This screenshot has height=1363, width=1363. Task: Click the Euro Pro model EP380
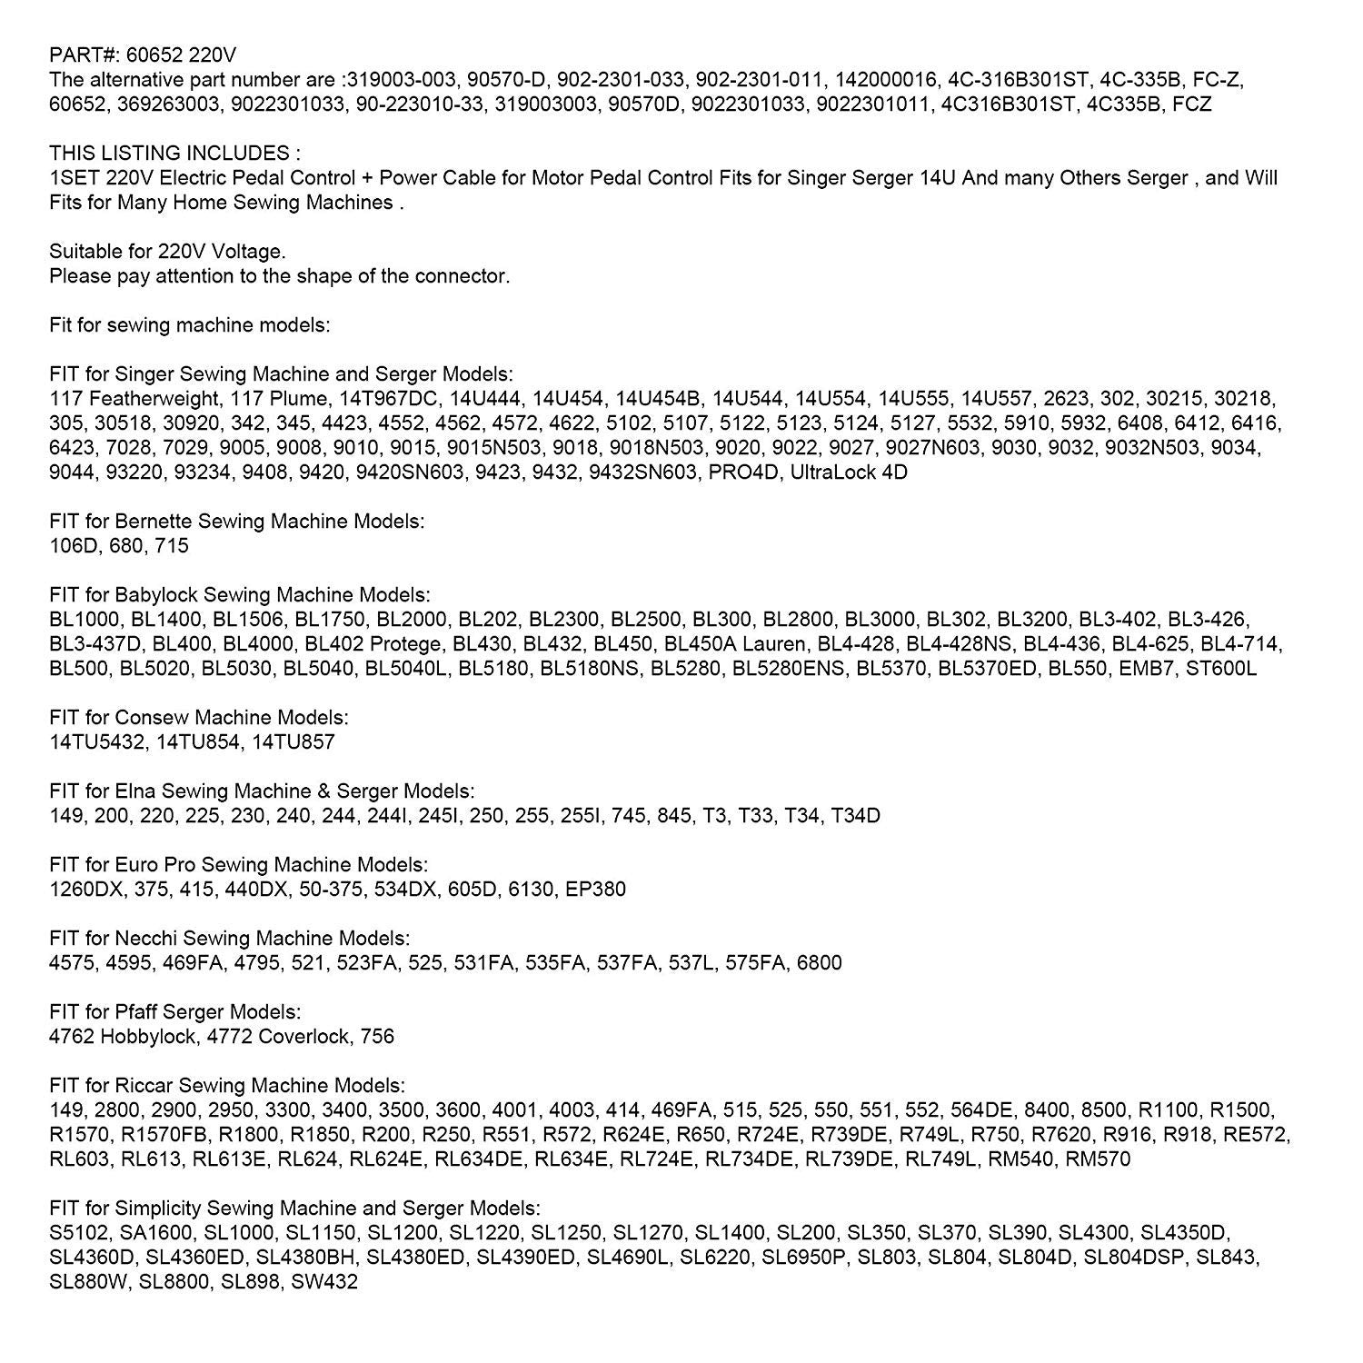point(595,890)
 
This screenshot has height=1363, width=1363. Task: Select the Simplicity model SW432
point(324,1282)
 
